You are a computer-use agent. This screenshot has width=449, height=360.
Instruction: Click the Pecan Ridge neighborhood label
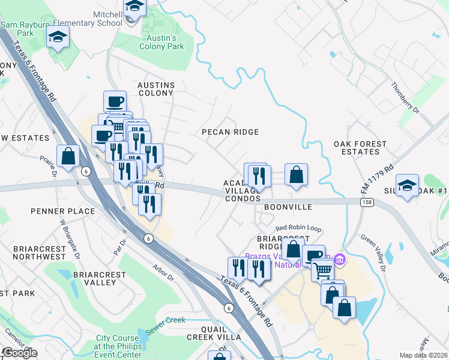[x=230, y=132]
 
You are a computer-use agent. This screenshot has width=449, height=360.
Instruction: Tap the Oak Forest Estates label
[x=365, y=148]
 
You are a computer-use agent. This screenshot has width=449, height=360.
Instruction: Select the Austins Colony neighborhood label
[x=156, y=89]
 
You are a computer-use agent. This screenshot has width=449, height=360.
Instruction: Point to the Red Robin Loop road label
[x=299, y=229]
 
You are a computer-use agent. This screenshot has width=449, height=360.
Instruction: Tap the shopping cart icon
[x=322, y=271]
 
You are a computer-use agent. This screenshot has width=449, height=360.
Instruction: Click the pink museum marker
[x=340, y=259]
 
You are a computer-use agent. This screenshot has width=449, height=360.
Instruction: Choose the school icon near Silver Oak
[x=407, y=185]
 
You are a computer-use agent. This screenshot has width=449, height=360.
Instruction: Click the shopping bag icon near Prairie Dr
[x=69, y=156]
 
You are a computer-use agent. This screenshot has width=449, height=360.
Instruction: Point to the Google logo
[x=19, y=353]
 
